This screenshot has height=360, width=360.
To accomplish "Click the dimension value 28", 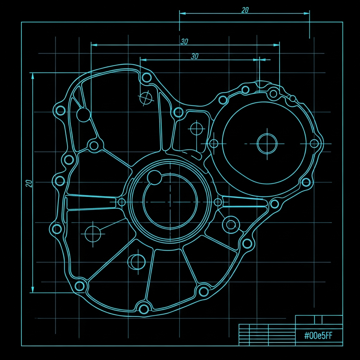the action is tap(245, 10).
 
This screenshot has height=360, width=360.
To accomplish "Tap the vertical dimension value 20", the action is tap(29, 184).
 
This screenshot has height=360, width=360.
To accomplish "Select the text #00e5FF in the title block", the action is tap(318, 336).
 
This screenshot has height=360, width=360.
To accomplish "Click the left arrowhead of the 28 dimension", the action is tap(182, 13).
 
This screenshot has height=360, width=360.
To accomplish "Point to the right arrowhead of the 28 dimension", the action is tap(307, 13).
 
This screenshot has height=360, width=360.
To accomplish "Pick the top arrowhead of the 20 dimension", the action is tap(33, 76).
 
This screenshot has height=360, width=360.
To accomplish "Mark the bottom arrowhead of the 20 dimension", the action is tap(33, 290).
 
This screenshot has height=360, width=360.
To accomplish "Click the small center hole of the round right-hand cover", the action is tap(267, 144).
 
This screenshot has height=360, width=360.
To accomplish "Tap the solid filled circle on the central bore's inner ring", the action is tap(155, 178).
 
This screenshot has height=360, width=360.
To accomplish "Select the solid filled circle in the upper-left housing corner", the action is tap(84, 115).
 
